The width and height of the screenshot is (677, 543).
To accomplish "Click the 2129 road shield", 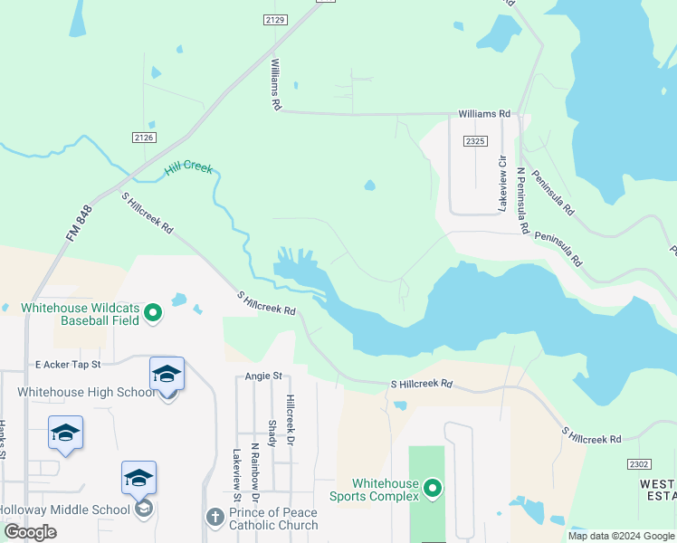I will pyautogui.click(x=276, y=19).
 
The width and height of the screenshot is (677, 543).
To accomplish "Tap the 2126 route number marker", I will pyautogui.click(x=143, y=138).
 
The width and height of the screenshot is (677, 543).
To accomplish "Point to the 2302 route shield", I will pyautogui.click(x=638, y=462).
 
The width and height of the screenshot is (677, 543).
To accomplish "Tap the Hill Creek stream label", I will pyautogui.click(x=188, y=169).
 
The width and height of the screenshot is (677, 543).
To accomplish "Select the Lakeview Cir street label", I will pyautogui.click(x=501, y=183).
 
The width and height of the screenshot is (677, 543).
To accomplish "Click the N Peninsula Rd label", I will pyautogui.click(x=522, y=200).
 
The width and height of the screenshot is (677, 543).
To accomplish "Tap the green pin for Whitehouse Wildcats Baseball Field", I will pyautogui.click(x=153, y=313).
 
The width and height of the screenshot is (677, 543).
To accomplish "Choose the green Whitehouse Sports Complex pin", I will pyautogui.click(x=433, y=490).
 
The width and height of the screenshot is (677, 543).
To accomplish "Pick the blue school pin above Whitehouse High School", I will pyautogui.click(x=167, y=375).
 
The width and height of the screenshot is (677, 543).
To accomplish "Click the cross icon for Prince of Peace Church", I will pyautogui.click(x=215, y=517).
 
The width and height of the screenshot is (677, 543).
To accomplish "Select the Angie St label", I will pyautogui.click(x=263, y=376).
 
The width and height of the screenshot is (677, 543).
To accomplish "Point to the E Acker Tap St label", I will pyautogui.click(x=67, y=364).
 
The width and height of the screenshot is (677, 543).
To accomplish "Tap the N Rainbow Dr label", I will pyautogui.click(x=255, y=472).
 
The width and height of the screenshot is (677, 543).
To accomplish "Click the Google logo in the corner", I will pyautogui.click(x=30, y=532).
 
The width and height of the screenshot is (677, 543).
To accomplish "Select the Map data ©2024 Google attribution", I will pyautogui.click(x=621, y=536).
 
